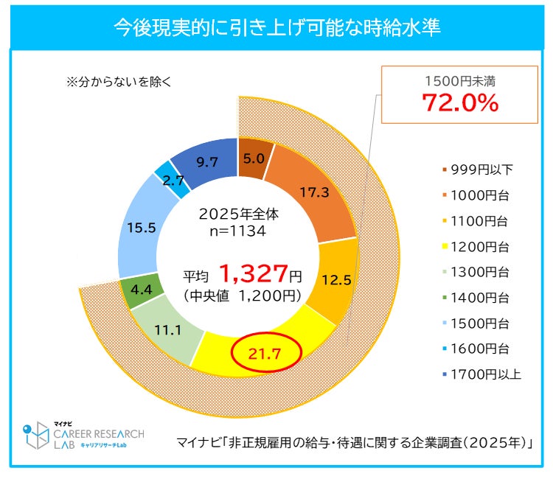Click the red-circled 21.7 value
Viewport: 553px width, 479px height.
click(x=265, y=354)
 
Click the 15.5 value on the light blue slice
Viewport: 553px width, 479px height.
click(x=141, y=228)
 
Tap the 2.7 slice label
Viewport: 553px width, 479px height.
click(x=173, y=179)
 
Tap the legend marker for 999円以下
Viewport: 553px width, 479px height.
click(x=445, y=170)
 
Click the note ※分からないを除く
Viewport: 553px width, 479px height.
click(x=119, y=82)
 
